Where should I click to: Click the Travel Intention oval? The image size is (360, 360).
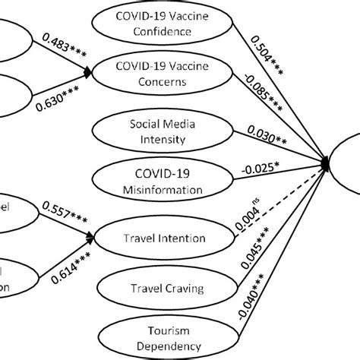tap(164, 238)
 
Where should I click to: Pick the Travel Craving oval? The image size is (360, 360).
tap(164, 288)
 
